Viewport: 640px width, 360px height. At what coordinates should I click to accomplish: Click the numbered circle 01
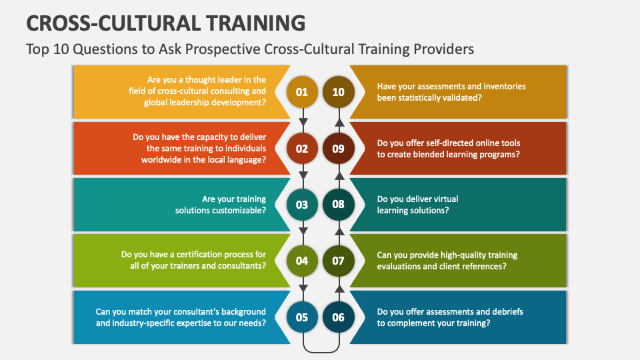(302, 92)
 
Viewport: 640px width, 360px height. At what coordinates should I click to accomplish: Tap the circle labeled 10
(339, 92)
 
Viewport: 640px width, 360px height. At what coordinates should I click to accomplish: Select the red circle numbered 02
(302, 149)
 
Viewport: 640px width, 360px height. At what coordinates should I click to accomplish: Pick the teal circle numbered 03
(302, 205)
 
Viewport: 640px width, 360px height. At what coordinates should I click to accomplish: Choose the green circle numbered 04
(302, 261)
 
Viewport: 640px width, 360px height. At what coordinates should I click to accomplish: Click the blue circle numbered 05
(302, 317)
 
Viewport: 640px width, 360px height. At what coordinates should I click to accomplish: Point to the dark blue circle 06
(339, 317)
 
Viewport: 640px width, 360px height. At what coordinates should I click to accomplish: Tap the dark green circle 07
(339, 261)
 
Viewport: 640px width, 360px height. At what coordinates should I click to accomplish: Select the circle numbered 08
(339, 205)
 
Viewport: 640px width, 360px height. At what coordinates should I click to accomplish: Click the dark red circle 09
(339, 149)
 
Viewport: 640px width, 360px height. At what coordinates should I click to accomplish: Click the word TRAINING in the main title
(255, 23)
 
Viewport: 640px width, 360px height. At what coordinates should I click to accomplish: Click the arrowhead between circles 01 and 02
(303, 122)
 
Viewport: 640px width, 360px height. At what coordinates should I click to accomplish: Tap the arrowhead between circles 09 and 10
(339, 122)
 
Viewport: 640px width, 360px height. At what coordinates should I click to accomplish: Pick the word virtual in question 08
(443, 199)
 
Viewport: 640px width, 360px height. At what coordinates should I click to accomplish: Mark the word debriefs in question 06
(507, 311)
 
